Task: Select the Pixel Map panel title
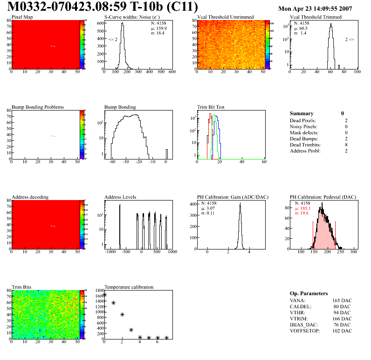coord(22,17)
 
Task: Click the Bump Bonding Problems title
coord(38,107)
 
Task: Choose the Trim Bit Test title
coord(211,107)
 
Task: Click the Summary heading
coord(302,113)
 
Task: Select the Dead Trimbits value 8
coord(343,145)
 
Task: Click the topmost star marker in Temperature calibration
coord(104,295)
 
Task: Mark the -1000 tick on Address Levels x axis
coord(110,251)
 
